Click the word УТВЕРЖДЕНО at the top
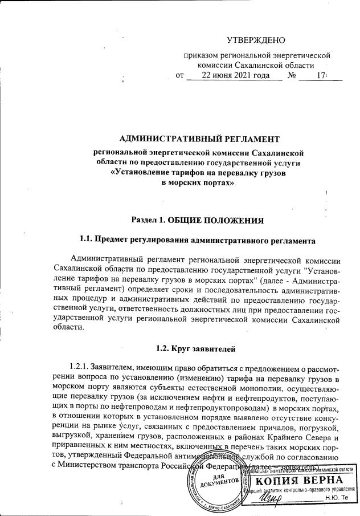tap(256, 40)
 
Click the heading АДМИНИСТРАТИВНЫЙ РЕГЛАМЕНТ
tap(199, 139)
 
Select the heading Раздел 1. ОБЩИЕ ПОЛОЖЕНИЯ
tap(198, 220)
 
